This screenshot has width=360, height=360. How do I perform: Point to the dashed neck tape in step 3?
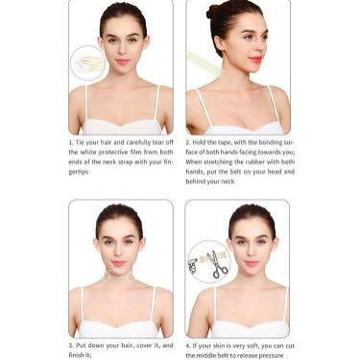119,279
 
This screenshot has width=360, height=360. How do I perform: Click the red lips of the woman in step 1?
122,61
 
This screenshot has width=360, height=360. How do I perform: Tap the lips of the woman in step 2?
254,60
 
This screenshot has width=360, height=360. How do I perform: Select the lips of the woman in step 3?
119,262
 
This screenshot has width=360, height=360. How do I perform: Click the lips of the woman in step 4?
252,262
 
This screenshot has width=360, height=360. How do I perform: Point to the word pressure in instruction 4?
270,354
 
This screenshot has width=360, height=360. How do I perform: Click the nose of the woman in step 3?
119,252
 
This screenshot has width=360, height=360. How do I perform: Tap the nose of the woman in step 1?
122,51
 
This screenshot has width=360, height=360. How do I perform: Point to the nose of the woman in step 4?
252,252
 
